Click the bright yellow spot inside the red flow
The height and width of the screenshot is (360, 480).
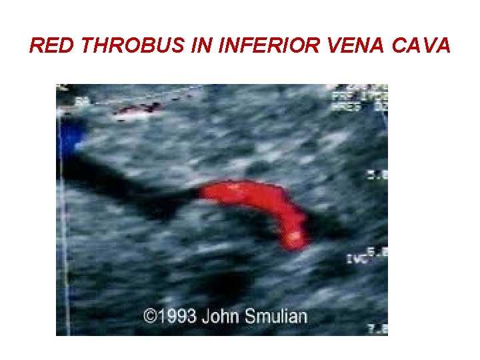294,237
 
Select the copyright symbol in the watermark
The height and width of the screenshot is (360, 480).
150,315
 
